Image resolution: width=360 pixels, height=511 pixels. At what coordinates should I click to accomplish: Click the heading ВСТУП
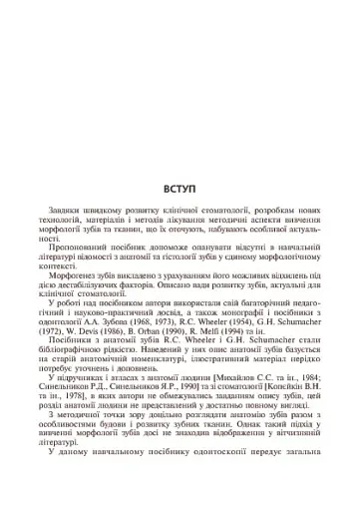pyautogui.click(x=180, y=189)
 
